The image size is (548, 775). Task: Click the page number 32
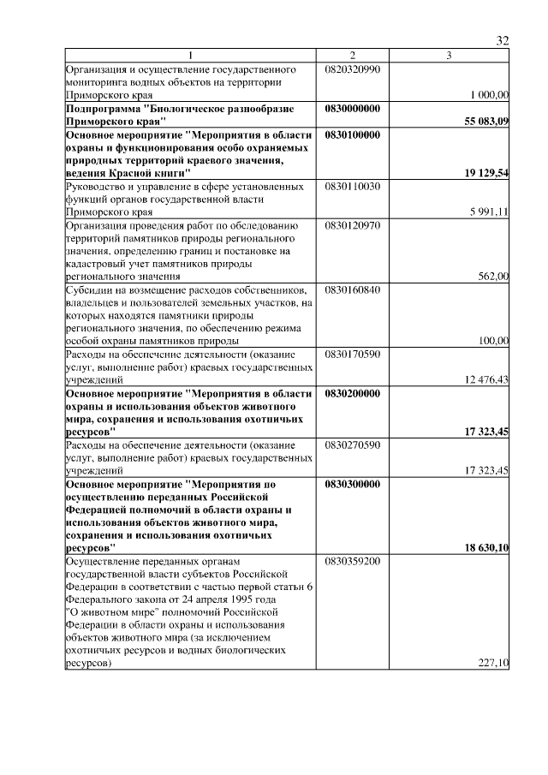click(503, 41)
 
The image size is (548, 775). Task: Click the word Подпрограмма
click(103, 109)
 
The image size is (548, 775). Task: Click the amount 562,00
click(494, 276)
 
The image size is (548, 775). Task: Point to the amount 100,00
click(494, 340)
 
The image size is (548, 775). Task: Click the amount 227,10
click(494, 663)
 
